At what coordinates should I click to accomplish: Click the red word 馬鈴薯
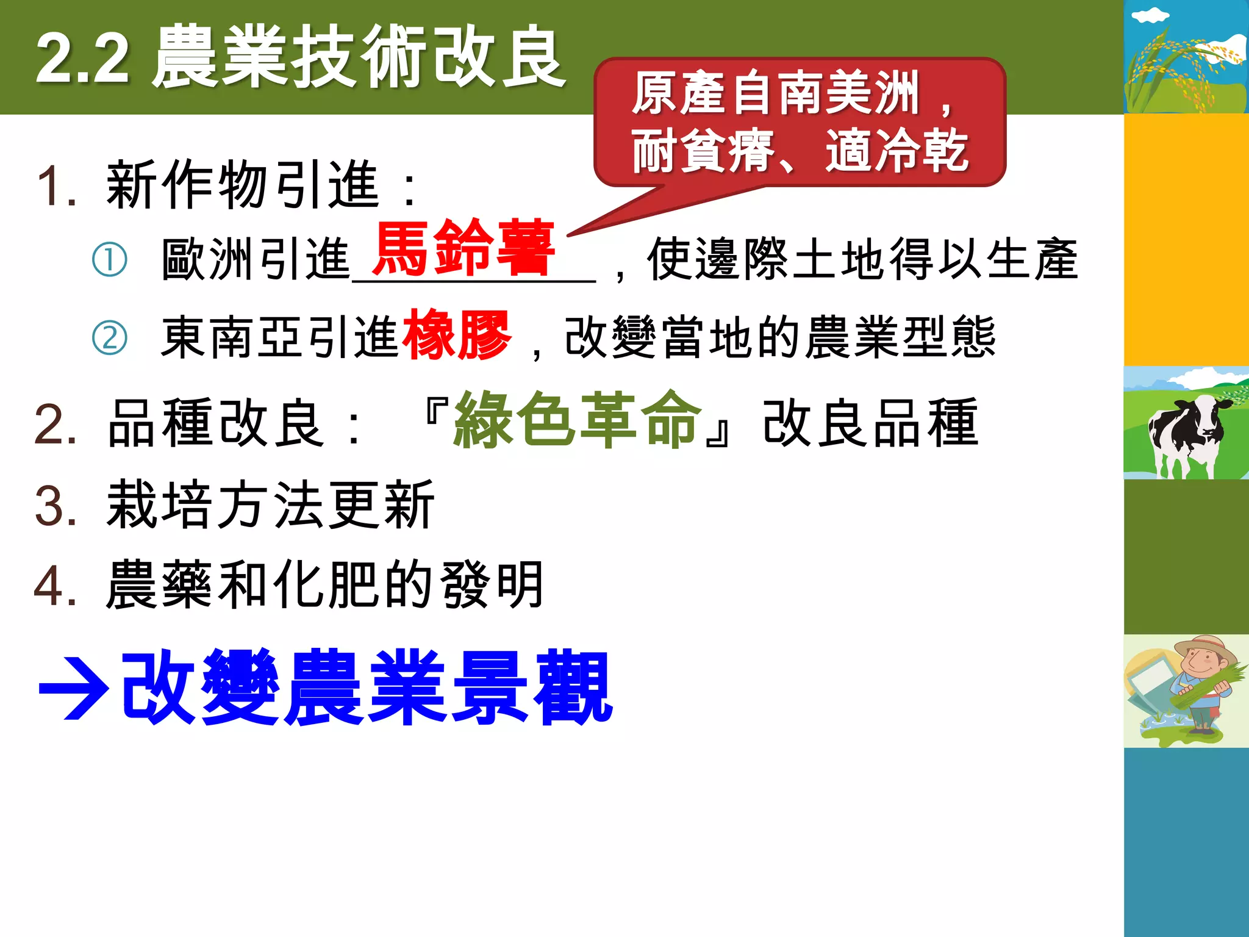click(463, 248)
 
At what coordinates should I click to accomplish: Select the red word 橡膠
click(456, 334)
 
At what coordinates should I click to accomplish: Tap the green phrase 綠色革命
click(577, 420)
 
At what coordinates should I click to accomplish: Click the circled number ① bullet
click(110, 259)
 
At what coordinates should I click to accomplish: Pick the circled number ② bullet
click(110, 337)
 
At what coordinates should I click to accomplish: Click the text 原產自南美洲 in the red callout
click(775, 93)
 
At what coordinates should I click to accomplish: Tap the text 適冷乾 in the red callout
click(896, 151)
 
